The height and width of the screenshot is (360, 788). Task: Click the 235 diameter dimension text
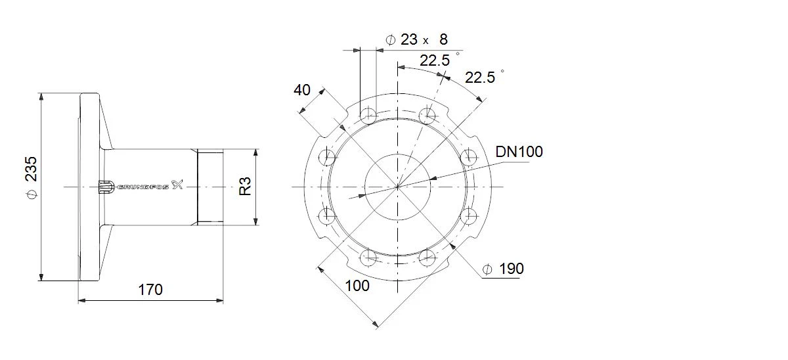(x=32, y=169)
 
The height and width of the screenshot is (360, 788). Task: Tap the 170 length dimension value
(x=150, y=290)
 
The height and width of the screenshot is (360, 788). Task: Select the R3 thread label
(x=245, y=186)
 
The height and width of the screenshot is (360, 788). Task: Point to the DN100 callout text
(x=519, y=152)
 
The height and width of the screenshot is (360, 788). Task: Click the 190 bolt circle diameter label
(x=512, y=269)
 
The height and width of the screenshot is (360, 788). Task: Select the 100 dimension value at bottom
(x=357, y=286)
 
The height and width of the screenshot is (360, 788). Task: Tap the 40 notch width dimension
(x=302, y=90)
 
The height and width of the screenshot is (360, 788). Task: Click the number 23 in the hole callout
(x=408, y=39)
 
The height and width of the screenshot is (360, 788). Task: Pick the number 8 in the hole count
(x=444, y=39)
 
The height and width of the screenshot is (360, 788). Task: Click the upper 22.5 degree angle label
(x=435, y=60)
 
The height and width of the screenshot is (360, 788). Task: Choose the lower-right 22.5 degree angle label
(x=480, y=78)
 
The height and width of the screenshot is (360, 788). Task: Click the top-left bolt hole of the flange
(x=368, y=115)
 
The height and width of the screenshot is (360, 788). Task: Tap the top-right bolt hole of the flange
(x=427, y=115)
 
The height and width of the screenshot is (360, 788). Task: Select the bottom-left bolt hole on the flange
(x=368, y=258)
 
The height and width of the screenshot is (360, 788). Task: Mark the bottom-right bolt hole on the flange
(x=427, y=258)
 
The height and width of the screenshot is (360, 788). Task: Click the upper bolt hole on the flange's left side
(x=327, y=157)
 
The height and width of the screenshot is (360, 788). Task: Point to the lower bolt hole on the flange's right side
(x=469, y=216)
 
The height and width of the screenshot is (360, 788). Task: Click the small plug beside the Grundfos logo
(x=106, y=187)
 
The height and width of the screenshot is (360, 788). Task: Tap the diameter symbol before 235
(x=32, y=194)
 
